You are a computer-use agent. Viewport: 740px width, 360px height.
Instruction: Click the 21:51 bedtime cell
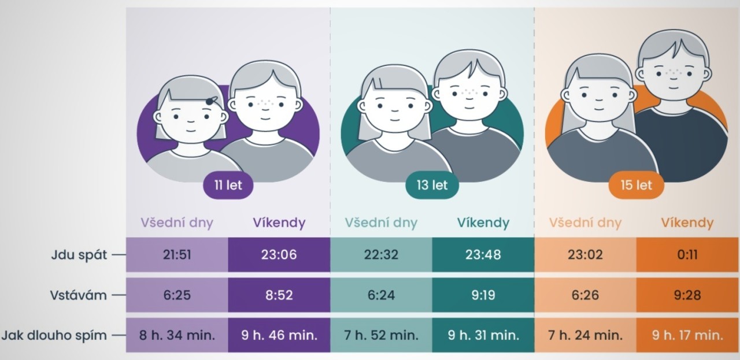177,255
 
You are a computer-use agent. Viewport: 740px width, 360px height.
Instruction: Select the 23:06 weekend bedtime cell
279,255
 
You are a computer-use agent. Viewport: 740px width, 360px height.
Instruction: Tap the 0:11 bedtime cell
687,255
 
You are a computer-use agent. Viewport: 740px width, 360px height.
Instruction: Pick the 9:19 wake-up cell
483,295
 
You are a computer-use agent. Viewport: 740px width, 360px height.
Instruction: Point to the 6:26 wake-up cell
585,295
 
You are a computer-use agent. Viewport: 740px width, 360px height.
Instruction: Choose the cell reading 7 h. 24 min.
585,335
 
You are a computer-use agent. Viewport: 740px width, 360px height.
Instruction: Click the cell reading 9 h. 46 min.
279,335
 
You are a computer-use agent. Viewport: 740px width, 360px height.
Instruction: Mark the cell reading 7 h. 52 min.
381,335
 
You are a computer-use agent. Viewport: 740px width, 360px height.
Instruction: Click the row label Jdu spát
79,255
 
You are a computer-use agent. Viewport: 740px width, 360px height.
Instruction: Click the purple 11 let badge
228,185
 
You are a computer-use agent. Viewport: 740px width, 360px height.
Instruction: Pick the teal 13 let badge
432,185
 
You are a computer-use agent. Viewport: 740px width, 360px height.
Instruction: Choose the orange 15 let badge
636,185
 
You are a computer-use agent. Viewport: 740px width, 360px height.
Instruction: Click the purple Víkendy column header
279,223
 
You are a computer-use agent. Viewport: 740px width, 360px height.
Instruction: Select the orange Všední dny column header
585,223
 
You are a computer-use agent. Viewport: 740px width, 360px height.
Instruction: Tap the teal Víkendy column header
483,223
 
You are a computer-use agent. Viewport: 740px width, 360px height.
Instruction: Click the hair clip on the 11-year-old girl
212,101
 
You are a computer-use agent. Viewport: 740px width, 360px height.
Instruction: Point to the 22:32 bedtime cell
381,255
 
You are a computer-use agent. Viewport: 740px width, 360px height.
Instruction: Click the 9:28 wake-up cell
687,295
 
